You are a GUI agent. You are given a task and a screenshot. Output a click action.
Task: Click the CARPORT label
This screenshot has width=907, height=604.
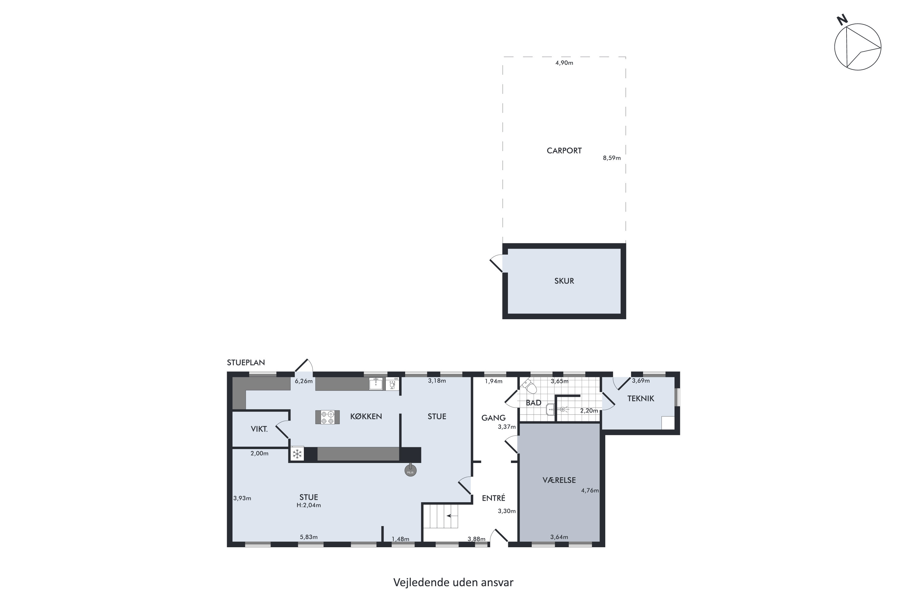point(564,151)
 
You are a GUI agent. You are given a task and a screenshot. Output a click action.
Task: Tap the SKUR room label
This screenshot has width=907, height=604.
point(564,281)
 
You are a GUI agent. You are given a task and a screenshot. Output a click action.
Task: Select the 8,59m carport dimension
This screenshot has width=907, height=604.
point(612,158)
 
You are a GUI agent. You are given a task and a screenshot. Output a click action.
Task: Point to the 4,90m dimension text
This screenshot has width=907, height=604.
point(564,63)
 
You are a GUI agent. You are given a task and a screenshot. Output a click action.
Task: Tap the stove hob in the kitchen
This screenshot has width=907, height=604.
point(327,417)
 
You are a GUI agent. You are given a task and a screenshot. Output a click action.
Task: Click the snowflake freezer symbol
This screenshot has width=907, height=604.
point(297,454)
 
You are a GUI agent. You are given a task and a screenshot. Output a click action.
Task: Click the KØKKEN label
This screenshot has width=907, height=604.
point(366,416)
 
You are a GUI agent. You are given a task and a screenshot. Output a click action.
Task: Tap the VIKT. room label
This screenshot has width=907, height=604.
point(259,429)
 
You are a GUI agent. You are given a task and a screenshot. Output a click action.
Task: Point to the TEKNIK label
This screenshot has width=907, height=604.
point(641,399)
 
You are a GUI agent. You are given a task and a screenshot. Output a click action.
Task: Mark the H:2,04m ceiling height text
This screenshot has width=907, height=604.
point(308,505)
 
